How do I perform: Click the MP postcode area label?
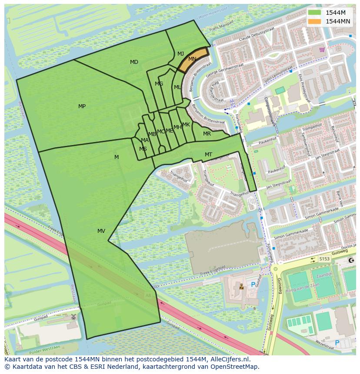coord(82,106)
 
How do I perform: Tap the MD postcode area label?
coord(134,62)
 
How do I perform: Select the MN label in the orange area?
coord(192,59)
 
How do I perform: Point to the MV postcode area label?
coord(101,231)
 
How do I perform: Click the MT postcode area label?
coord(208,155)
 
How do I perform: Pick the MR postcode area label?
coord(207,134)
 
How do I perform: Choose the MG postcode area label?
coord(159,84)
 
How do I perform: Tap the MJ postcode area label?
coord(180,54)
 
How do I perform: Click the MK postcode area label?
coord(186,125)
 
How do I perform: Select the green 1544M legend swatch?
coord(314,13)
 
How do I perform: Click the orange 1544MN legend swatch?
coord(314,21)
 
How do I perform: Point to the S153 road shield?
coord(324,259)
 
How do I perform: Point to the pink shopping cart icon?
coord(321,50)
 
